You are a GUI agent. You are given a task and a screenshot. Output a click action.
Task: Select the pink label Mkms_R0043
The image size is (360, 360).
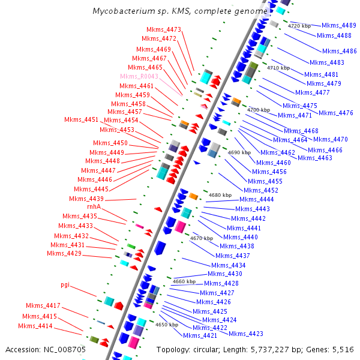coord(139,77)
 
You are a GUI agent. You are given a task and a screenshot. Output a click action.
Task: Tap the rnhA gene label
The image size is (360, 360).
coord(94,207)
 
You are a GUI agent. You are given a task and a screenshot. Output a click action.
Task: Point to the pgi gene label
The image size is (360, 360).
coord(65,284)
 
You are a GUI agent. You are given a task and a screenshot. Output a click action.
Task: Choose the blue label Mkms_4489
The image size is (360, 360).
coord(339,25)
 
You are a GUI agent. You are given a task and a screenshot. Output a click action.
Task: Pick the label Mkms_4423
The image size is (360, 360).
coord(246,334)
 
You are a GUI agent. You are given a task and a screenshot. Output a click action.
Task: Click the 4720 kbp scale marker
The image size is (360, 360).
coord(299,26)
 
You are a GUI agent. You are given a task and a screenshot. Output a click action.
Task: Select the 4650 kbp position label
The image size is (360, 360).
coord(167,325)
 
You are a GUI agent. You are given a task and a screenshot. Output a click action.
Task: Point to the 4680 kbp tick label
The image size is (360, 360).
coord(220,195)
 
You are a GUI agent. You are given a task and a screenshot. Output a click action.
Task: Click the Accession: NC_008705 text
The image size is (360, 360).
coord(46,349)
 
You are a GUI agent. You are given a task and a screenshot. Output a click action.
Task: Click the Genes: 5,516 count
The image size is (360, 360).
coord(334,349)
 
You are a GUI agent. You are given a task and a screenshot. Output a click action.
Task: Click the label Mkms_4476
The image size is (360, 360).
coord(336,113)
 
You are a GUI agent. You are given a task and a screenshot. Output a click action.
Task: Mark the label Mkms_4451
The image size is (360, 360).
coord(82,120)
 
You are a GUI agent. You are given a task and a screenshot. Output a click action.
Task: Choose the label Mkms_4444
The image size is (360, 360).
coord(256,199)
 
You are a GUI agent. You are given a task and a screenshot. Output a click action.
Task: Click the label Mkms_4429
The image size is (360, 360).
coord(64,254)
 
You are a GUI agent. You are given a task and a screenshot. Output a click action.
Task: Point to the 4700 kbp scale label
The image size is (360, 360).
coord(259,110)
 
